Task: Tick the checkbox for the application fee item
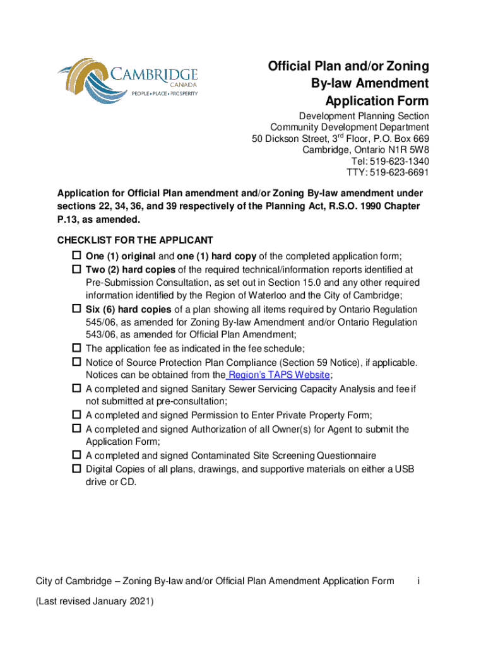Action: pos(76,348)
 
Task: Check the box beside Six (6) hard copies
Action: pos(76,310)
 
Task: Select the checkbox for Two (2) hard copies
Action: pos(76,269)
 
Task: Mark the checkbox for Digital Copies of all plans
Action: pos(76,469)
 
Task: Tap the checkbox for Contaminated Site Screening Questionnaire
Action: pos(76,455)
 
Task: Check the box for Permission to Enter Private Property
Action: pos(76,414)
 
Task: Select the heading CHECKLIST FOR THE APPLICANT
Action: pos(135,240)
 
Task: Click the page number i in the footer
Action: pos(418,581)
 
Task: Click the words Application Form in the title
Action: pos(377,101)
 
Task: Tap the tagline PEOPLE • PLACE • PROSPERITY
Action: pos(164,93)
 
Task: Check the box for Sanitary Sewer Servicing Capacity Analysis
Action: pos(76,389)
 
